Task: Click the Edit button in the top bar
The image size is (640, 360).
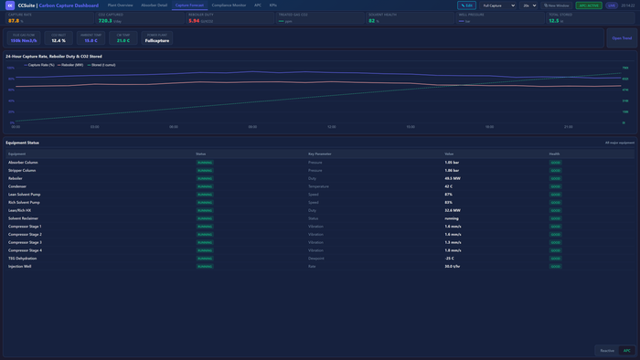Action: pyautogui.click(x=466, y=5)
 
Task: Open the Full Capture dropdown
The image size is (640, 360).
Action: pyautogui.click(x=498, y=5)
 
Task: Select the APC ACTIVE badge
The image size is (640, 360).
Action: pyautogui.click(x=588, y=5)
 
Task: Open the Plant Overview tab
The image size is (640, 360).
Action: pyautogui.click(x=120, y=5)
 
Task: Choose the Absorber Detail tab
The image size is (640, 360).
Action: pyautogui.click(x=154, y=5)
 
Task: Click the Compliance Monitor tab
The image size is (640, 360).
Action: pyautogui.click(x=229, y=5)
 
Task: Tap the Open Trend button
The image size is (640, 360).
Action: pyautogui.click(x=622, y=38)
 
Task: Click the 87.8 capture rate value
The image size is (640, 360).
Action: pyautogui.click(x=14, y=20)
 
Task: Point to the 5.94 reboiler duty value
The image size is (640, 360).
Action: pyautogui.click(x=194, y=20)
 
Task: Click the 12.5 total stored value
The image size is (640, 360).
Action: pyautogui.click(x=554, y=20)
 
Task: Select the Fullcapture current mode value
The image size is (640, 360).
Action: pyautogui.click(x=157, y=40)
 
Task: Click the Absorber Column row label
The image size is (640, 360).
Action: pyautogui.click(x=23, y=163)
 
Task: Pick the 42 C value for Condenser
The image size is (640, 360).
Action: pyautogui.click(x=449, y=186)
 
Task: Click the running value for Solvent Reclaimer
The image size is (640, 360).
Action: pyautogui.click(x=452, y=218)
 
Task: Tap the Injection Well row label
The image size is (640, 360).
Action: pyautogui.click(x=20, y=266)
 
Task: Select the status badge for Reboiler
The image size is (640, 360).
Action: pyautogui.click(x=204, y=178)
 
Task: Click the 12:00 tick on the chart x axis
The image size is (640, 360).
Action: pyautogui.click(x=331, y=127)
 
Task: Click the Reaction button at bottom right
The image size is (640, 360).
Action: pyautogui.click(x=607, y=351)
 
